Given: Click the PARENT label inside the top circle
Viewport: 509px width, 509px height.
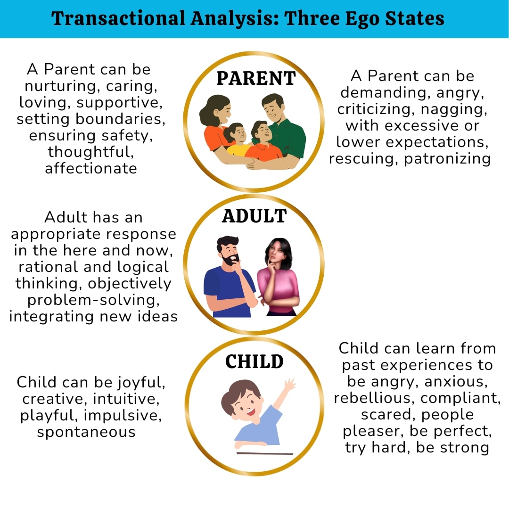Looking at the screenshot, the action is pos(256,78).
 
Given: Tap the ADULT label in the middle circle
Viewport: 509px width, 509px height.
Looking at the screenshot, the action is pos(254,216).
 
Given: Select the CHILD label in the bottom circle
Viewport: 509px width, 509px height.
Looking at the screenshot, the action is pos(254,361).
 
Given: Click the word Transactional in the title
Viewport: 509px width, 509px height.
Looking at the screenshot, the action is pos(118,18).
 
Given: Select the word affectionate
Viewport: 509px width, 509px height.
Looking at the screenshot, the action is pos(91,168).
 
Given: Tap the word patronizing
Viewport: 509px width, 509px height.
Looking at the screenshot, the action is pos(447,159).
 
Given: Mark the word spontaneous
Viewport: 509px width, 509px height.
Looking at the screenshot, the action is pos(86,432).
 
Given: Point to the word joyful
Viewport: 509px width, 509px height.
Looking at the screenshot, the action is pos(141,383).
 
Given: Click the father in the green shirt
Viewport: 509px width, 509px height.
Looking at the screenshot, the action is pos(283,127).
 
